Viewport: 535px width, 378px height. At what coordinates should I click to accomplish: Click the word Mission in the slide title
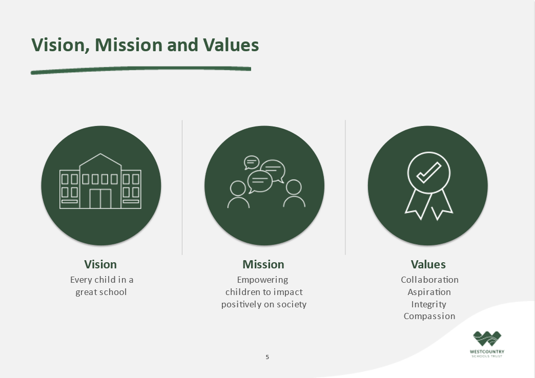pos(129,45)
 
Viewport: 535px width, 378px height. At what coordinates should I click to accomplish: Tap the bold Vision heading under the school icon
pos(100,264)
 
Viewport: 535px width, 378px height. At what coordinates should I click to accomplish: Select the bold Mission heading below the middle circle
pos(263,264)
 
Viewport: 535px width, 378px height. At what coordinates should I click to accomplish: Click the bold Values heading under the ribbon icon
pos(428,264)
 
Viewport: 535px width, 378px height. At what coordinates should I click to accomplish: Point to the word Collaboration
pos(429,280)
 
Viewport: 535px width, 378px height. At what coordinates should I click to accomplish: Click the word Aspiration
pos(429,292)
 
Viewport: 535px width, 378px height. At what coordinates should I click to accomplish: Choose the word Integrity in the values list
pos(428,304)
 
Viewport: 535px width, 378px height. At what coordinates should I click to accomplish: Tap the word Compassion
pos(429,316)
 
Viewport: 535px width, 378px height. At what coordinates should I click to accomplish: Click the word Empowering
pos(262,280)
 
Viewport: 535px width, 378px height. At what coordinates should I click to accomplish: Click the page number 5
pos(267,357)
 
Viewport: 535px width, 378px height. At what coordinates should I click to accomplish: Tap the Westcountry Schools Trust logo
pos(487,344)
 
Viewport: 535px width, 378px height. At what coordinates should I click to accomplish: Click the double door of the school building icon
pos(100,199)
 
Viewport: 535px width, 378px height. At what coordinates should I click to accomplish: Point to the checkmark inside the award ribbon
pos(428,172)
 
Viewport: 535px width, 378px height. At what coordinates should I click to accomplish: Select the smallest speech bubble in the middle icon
pos(252,162)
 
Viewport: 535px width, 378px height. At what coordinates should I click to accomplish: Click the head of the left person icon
pos(238,188)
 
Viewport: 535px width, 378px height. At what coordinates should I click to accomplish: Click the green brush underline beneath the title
pos(141,70)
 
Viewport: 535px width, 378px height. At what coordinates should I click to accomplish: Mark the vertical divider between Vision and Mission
pos(182,187)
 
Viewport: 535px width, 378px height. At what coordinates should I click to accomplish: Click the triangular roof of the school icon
pos(100,160)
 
